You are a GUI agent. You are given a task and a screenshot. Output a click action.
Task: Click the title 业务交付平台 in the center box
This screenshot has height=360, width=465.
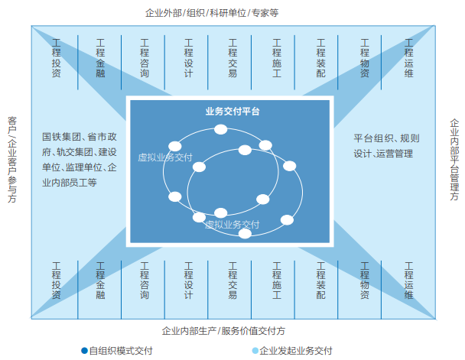pyautogui.click(x=232, y=111)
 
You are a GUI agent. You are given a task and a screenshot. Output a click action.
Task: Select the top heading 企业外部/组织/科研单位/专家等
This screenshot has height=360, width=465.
pyautogui.click(x=212, y=13)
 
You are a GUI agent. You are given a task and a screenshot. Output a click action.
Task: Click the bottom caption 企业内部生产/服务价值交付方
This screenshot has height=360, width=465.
pyautogui.click(x=223, y=331)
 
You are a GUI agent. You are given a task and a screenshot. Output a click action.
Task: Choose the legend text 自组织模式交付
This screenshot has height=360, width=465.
pyautogui.click(x=121, y=351)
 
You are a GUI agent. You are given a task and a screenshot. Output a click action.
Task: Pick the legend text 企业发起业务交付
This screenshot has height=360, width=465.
pyautogui.click(x=296, y=351)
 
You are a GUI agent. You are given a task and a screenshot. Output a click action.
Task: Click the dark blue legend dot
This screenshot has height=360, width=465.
pyautogui.click(x=84, y=351)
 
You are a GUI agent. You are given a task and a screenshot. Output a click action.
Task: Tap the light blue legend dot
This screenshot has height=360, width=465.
pyautogui.click(x=255, y=351)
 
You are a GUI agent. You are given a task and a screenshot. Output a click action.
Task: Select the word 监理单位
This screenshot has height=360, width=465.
pyautogui.click(x=83, y=167)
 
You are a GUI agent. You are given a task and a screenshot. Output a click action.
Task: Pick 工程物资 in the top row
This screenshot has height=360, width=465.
pyautogui.click(x=365, y=59)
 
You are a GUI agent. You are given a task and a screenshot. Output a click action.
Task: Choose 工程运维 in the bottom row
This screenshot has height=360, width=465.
pyautogui.click(x=408, y=280)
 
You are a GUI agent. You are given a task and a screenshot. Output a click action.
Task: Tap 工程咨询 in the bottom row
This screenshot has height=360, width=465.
pyautogui.click(x=145, y=280)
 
